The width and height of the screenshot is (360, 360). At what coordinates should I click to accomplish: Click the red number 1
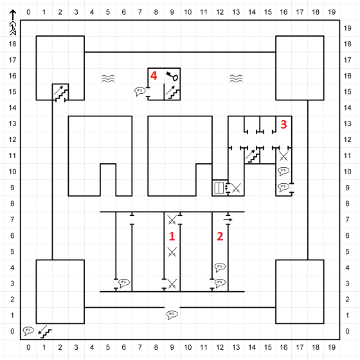172,237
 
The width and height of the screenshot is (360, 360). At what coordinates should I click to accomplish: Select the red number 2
220,237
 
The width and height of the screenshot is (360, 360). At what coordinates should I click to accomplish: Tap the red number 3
283,124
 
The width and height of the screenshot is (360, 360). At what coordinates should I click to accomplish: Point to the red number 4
154,76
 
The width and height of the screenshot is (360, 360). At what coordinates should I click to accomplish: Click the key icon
172,76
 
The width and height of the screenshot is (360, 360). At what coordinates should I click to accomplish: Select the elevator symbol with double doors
219,188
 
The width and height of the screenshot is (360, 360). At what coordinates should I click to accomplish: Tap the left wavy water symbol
108,78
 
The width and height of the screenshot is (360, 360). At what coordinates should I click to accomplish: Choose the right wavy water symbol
236,78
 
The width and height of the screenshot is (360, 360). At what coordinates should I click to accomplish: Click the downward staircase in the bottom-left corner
45,332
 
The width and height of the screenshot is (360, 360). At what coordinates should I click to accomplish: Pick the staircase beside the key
173,93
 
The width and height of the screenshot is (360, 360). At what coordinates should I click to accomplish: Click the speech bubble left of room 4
140,91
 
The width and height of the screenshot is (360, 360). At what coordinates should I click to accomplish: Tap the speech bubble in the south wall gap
172,315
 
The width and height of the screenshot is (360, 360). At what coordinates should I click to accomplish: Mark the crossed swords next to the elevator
236,188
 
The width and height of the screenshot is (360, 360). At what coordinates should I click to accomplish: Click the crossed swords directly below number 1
172,252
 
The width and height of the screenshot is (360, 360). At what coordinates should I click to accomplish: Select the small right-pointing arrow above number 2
228,220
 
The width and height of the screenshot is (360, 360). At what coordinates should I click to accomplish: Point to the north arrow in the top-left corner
13,22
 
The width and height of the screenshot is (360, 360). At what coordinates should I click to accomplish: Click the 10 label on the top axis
188,12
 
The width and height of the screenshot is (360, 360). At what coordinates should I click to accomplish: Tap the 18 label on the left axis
12,44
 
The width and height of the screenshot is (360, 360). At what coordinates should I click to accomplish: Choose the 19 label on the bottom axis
332,347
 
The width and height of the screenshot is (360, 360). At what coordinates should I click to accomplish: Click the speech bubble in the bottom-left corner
28,331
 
